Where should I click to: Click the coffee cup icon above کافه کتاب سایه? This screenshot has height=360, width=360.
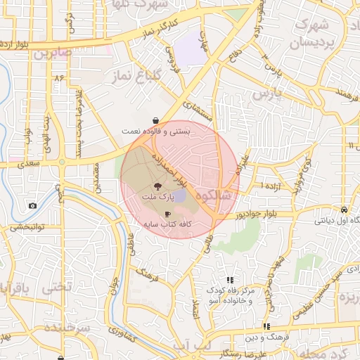[x=167, y=213]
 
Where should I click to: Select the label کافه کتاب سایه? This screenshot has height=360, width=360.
[x=169, y=225]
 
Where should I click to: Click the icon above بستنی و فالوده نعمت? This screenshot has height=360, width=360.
[x=155, y=120]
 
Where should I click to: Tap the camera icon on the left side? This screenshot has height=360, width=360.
[x=32, y=205]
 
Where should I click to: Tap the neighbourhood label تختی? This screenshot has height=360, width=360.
[x=57, y=288]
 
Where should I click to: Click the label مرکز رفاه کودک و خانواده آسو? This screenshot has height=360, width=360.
[x=229, y=295]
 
